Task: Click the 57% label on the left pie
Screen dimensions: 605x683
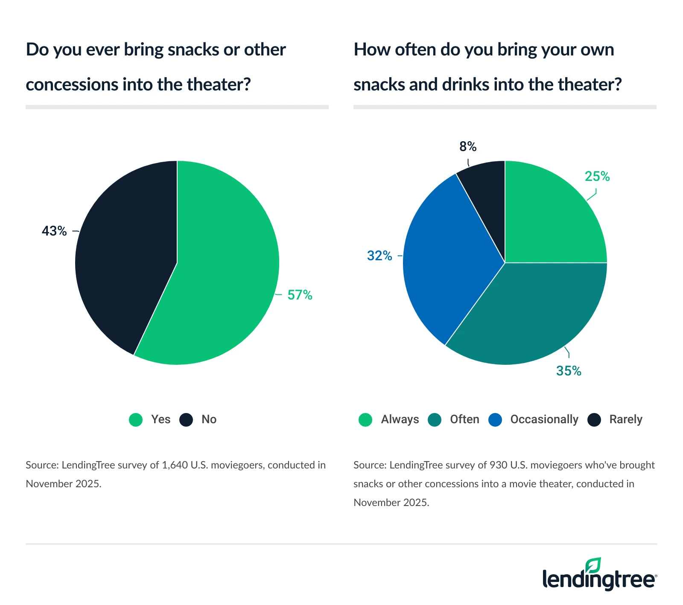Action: [x=300, y=295]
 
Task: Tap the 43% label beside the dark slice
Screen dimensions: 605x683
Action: [x=54, y=231]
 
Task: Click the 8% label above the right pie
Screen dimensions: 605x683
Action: [x=468, y=147]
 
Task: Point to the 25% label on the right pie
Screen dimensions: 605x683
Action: [x=597, y=177]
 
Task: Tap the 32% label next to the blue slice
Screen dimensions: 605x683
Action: [x=379, y=256]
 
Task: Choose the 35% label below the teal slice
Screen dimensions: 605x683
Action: [x=569, y=371]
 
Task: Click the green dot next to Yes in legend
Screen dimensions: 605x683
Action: [x=136, y=420]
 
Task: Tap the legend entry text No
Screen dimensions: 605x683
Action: [x=209, y=419]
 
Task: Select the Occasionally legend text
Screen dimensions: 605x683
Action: [x=544, y=419]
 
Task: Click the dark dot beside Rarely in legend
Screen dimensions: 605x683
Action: [x=594, y=420]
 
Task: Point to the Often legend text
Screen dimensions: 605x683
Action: [x=464, y=419]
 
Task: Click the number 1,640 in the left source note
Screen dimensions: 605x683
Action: [x=175, y=465]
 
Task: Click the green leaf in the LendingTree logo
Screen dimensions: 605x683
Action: [x=593, y=565]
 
